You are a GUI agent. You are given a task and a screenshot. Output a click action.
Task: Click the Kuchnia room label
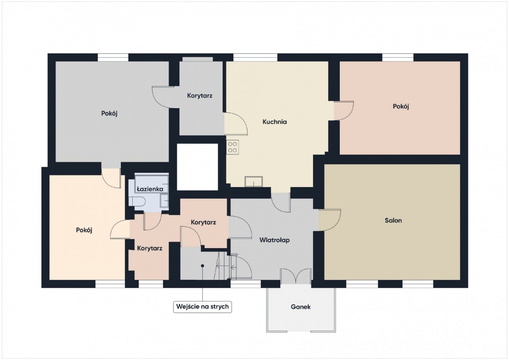click(274, 122)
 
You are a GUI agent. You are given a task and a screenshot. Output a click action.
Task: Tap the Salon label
click(393, 220)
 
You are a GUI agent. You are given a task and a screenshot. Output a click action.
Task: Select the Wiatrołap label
click(274, 240)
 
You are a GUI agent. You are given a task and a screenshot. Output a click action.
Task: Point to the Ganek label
click(301, 307)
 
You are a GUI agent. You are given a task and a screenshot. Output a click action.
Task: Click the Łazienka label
click(150, 189)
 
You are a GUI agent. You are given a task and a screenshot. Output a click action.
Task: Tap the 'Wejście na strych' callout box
click(202, 307)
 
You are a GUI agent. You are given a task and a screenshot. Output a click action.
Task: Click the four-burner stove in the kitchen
click(232, 147)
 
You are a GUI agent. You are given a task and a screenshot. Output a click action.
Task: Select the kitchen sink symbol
click(254, 181)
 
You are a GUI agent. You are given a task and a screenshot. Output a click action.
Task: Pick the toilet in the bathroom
click(137, 201)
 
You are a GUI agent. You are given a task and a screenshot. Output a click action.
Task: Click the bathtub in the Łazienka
click(152, 183)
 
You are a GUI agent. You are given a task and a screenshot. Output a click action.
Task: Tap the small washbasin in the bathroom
click(165, 201)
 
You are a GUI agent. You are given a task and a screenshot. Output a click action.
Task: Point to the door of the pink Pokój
click(344, 111)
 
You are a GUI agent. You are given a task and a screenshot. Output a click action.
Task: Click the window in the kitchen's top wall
click(255, 58)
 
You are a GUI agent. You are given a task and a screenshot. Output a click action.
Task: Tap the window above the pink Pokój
click(398, 58)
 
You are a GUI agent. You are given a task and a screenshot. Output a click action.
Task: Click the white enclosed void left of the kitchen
click(198, 167)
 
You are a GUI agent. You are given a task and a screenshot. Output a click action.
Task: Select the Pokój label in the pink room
click(401, 106)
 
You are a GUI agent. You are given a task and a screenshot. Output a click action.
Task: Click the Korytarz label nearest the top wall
click(200, 96)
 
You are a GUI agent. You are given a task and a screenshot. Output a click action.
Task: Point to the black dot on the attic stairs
click(202, 266)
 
